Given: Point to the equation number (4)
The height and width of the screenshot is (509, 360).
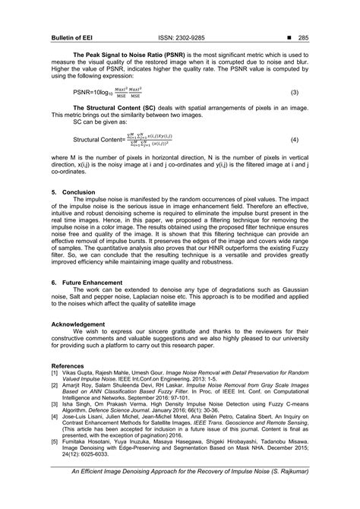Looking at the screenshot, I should [x=294, y=141].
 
